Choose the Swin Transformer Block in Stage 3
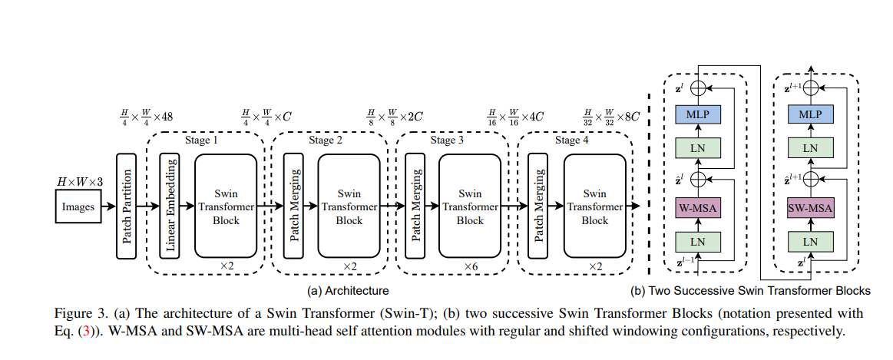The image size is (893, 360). pyautogui.click(x=471, y=206)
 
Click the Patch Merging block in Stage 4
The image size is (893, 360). pyautogui.click(x=540, y=206)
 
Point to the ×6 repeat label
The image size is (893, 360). pyautogui.click(x=471, y=266)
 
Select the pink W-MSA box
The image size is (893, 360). pyautogui.click(x=697, y=206)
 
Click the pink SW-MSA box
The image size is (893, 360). pyautogui.click(x=811, y=206)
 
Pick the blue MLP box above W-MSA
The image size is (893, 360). pyautogui.click(x=697, y=114)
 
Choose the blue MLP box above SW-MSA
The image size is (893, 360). pyautogui.click(x=811, y=114)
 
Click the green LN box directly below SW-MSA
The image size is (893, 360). pyautogui.click(x=811, y=240)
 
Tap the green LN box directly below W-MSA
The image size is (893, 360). pyautogui.click(x=697, y=240)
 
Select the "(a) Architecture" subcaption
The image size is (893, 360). pyautogui.click(x=348, y=291)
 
